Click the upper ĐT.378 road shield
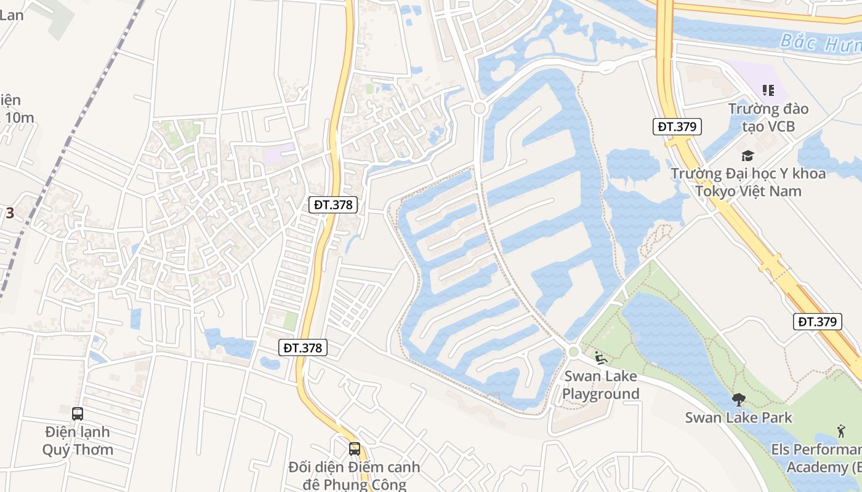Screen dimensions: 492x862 point(333,205)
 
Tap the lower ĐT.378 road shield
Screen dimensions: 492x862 point(302,347)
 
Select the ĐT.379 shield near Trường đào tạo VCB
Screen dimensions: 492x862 point(677,127)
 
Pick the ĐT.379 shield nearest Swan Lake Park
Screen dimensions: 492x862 point(818,321)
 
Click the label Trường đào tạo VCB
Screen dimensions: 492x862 point(768,117)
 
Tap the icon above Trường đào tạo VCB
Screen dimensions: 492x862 point(768,91)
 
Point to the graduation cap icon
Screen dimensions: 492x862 point(747,156)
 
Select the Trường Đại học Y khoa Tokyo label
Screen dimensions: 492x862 point(748,182)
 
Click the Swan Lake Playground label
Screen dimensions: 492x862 point(601,385)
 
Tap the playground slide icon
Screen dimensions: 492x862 point(601,357)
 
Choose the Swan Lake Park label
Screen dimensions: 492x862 point(739,418)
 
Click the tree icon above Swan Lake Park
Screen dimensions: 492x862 point(738,400)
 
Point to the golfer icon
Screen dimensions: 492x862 point(841,430)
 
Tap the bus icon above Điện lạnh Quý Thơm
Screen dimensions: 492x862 point(78,414)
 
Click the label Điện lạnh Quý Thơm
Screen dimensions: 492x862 point(78,440)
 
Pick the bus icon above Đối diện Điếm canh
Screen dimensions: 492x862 point(355,448)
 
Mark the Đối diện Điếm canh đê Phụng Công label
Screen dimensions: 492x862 point(355,475)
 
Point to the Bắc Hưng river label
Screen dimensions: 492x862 point(819,43)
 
